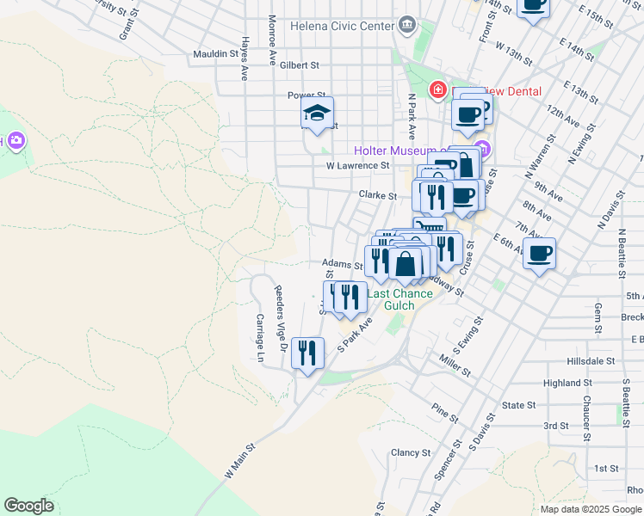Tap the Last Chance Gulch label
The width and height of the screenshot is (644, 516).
click(x=400, y=299)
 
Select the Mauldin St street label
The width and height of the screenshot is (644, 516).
click(x=215, y=53)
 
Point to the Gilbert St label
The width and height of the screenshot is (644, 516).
click(x=299, y=64)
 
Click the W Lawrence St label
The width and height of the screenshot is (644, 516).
click(x=357, y=165)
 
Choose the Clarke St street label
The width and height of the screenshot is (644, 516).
click(x=378, y=195)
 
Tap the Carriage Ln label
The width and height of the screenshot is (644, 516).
click(x=259, y=336)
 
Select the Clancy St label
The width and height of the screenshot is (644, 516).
click(x=410, y=452)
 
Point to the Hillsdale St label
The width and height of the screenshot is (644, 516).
click(x=591, y=362)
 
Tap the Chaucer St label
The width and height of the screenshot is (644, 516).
click(x=585, y=424)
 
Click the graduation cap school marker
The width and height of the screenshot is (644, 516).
click(x=317, y=114)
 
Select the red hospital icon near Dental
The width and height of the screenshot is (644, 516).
click(x=437, y=89)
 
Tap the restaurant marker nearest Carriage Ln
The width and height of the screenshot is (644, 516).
click(x=307, y=352)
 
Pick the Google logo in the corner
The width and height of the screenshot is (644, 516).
click(x=28, y=506)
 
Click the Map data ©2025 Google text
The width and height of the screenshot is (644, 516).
click(x=590, y=509)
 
